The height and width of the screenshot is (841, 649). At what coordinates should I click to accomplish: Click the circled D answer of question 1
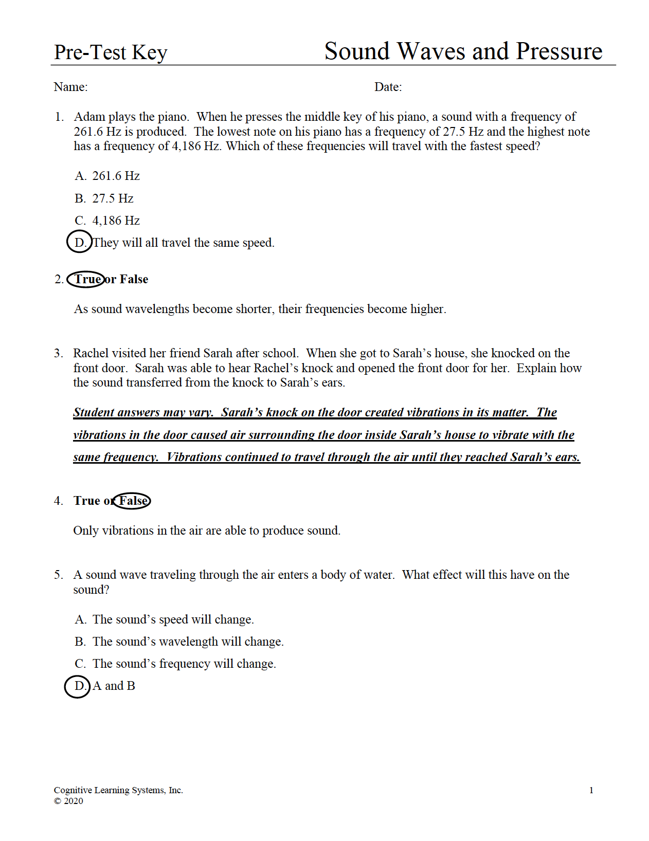click(79, 242)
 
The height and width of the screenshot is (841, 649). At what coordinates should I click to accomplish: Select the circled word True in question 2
click(86, 279)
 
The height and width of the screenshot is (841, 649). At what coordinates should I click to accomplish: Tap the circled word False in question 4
click(132, 501)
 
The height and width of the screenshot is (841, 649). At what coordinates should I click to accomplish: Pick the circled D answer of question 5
click(78, 686)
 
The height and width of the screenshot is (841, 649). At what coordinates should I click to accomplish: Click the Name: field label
click(70, 87)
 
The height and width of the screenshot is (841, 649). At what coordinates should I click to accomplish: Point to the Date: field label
click(388, 87)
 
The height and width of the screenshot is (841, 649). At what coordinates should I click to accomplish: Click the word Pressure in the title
click(559, 51)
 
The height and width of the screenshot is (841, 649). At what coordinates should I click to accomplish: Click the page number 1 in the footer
click(591, 790)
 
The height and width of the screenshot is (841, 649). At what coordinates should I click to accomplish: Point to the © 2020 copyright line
click(68, 801)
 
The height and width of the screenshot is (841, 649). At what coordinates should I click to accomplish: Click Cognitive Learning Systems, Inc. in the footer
click(118, 790)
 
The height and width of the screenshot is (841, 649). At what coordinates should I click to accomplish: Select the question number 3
click(58, 353)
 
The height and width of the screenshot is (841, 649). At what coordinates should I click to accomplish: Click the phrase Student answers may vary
click(142, 412)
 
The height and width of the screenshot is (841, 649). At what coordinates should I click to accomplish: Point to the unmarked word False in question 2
click(134, 279)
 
